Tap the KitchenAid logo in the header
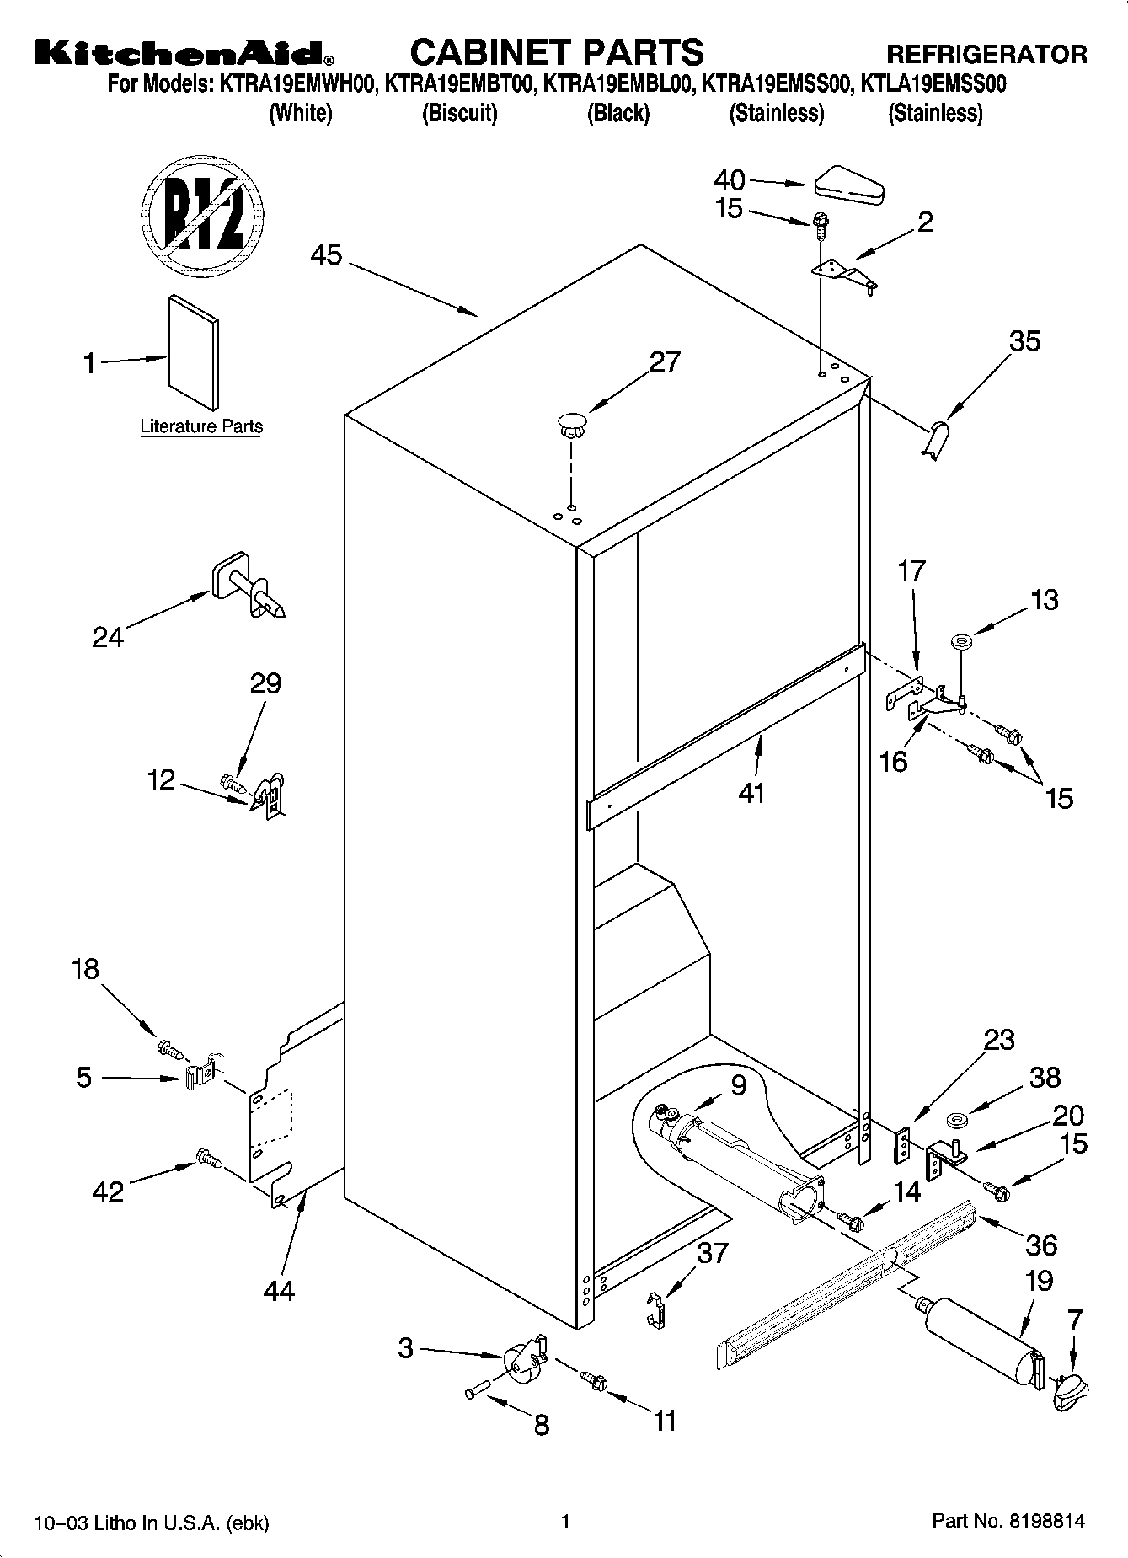point(184,53)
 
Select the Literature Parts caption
point(201,427)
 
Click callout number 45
point(326,254)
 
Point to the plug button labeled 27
point(571,423)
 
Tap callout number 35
point(1025,341)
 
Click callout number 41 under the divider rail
point(751,793)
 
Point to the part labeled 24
point(246,587)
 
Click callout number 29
point(265,683)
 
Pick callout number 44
point(279,1290)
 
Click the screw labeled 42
point(208,1160)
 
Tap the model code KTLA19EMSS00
point(938,84)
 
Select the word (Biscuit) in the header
point(459,113)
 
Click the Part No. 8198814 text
point(1008,1522)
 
